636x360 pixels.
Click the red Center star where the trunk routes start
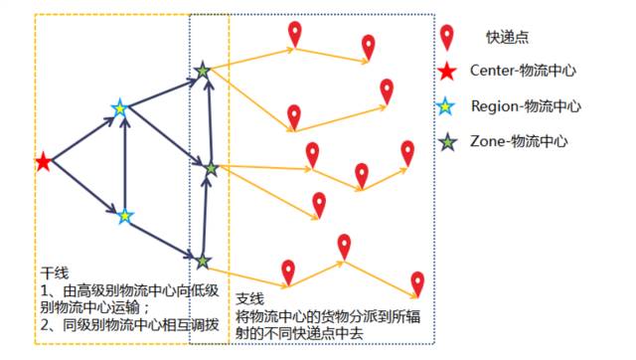click(x=43, y=162)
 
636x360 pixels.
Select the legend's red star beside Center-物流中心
click(x=448, y=72)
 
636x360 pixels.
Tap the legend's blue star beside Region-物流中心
click(x=448, y=105)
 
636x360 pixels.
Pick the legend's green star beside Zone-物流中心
click(x=448, y=141)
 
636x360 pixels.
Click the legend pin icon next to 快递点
click(x=448, y=37)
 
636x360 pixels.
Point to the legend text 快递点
click(x=506, y=37)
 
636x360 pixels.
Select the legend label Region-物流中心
click(x=526, y=105)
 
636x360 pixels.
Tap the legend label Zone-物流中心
click(x=519, y=142)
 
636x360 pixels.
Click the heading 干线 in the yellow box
click(x=55, y=272)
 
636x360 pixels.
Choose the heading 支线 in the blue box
click(x=248, y=299)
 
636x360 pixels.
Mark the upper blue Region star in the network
click(x=120, y=107)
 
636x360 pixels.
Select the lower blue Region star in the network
click(x=125, y=215)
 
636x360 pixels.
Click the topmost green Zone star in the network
click(x=203, y=71)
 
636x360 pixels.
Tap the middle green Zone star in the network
click(x=211, y=169)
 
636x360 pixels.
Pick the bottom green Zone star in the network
click(x=203, y=262)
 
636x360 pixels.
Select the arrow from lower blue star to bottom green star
click(x=164, y=239)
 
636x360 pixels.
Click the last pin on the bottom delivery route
click(x=418, y=283)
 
